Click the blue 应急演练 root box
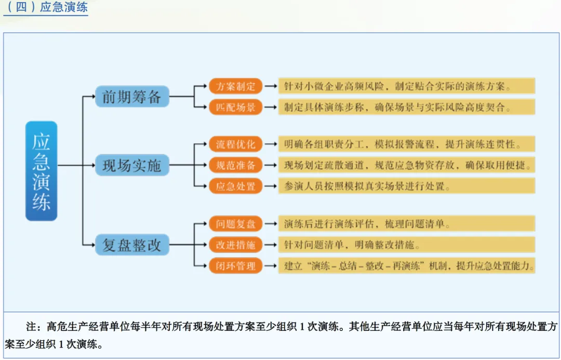click(41, 171)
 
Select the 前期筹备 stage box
click(132, 97)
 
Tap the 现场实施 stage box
click(132, 166)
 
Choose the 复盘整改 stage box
click(132, 245)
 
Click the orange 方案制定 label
click(235, 86)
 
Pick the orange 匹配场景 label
click(235, 108)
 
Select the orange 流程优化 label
click(235, 144)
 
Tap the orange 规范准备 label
click(235, 165)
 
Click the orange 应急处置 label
click(235, 186)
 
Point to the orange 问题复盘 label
click(235, 224)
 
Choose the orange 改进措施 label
click(235, 245)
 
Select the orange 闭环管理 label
click(235, 266)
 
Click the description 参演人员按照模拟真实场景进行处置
click(367, 186)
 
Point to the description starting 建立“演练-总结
click(408, 266)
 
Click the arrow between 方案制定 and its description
click(270, 86)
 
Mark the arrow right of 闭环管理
click(270, 266)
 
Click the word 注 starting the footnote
click(31, 327)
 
